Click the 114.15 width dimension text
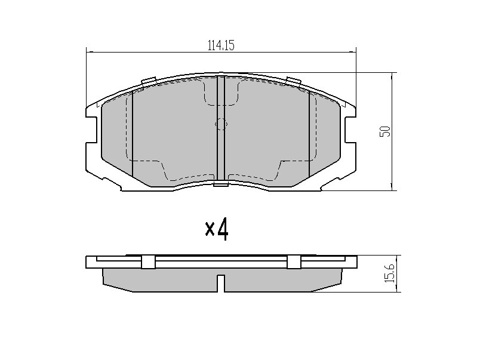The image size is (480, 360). click(x=221, y=45)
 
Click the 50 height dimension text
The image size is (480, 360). click(x=385, y=131)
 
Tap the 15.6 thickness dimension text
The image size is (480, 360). click(x=390, y=274)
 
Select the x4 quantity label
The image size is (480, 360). click(x=217, y=230)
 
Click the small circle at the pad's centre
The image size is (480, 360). click(x=221, y=124)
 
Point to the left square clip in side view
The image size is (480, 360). click(x=148, y=261)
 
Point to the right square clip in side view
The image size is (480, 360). click(x=294, y=261)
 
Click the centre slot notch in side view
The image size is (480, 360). click(x=221, y=283)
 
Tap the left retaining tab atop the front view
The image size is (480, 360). click(x=149, y=81)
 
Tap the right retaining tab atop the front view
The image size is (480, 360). click(x=293, y=81)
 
